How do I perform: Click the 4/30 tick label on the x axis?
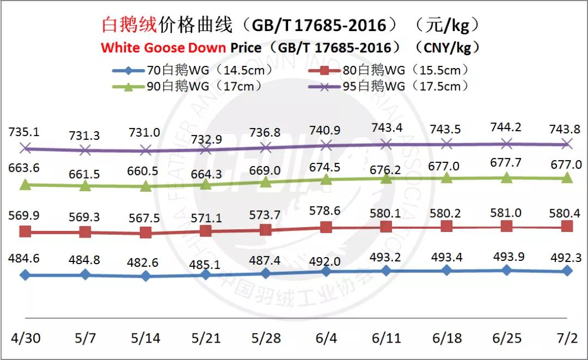coord(24,338)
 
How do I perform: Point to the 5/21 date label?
coord(205,338)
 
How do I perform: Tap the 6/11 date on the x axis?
coord(386,338)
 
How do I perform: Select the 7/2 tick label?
coord(567,338)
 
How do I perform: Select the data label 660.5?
coord(145,171)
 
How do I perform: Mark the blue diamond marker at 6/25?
coord(507,270)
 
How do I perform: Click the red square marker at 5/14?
coord(145,233)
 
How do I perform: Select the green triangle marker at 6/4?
coord(326,179)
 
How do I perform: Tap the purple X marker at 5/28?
coord(266,147)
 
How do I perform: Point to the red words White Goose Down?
coord(163,47)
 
